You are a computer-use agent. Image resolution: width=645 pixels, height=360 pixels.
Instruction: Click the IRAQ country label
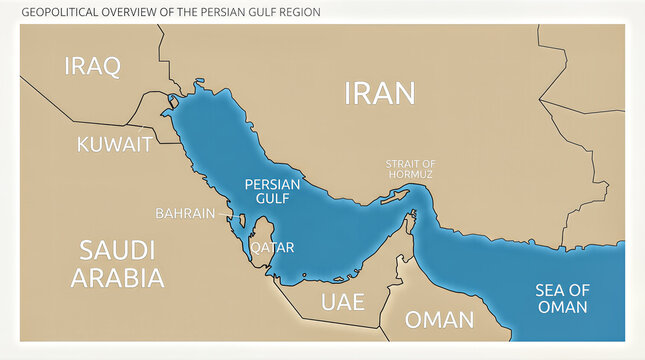(x=92, y=67)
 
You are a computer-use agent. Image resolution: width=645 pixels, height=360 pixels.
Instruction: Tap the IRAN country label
(x=379, y=93)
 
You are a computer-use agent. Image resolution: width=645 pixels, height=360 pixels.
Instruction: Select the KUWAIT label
(x=114, y=144)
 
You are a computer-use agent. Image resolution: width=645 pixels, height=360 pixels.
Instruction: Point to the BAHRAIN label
(x=184, y=213)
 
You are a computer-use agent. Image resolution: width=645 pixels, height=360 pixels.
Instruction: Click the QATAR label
(x=271, y=246)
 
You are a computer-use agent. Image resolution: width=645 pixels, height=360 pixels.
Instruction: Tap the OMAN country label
(x=439, y=320)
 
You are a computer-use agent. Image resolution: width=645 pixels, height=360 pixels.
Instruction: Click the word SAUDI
(x=117, y=249)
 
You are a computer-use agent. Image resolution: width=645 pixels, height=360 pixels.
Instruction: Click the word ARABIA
(x=117, y=277)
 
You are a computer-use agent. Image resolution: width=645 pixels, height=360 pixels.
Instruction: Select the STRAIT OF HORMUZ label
(x=411, y=169)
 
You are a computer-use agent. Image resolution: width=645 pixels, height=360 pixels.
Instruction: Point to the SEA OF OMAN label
(x=562, y=298)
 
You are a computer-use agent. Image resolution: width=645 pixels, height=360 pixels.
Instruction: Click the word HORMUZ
(x=411, y=175)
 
